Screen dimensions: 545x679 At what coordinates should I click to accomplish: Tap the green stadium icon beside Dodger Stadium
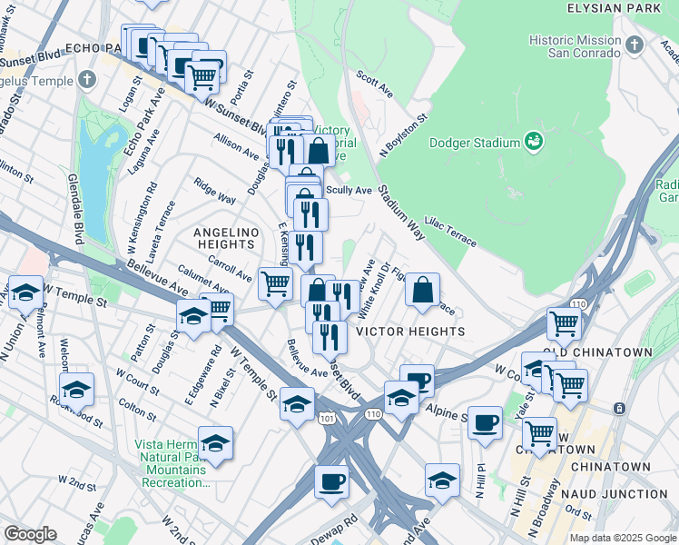pos(534,141)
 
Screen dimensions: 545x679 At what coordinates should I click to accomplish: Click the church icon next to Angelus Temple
pos(87,79)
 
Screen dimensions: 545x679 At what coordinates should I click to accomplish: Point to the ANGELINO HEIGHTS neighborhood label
pos(224,239)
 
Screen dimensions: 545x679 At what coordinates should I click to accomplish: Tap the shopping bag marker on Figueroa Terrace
pos(423,292)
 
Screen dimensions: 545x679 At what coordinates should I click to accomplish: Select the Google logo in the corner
pos(30,534)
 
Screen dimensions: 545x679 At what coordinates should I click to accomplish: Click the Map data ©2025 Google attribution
pos(622,538)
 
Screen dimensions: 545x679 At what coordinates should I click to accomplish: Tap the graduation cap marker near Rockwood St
pos(77,389)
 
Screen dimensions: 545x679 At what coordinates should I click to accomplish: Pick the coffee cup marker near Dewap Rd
pos(332,481)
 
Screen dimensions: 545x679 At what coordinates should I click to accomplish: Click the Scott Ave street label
pos(374,86)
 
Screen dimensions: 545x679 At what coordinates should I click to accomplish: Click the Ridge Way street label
pos(214,194)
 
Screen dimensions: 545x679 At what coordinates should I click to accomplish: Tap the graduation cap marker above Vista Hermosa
pos(215,442)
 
